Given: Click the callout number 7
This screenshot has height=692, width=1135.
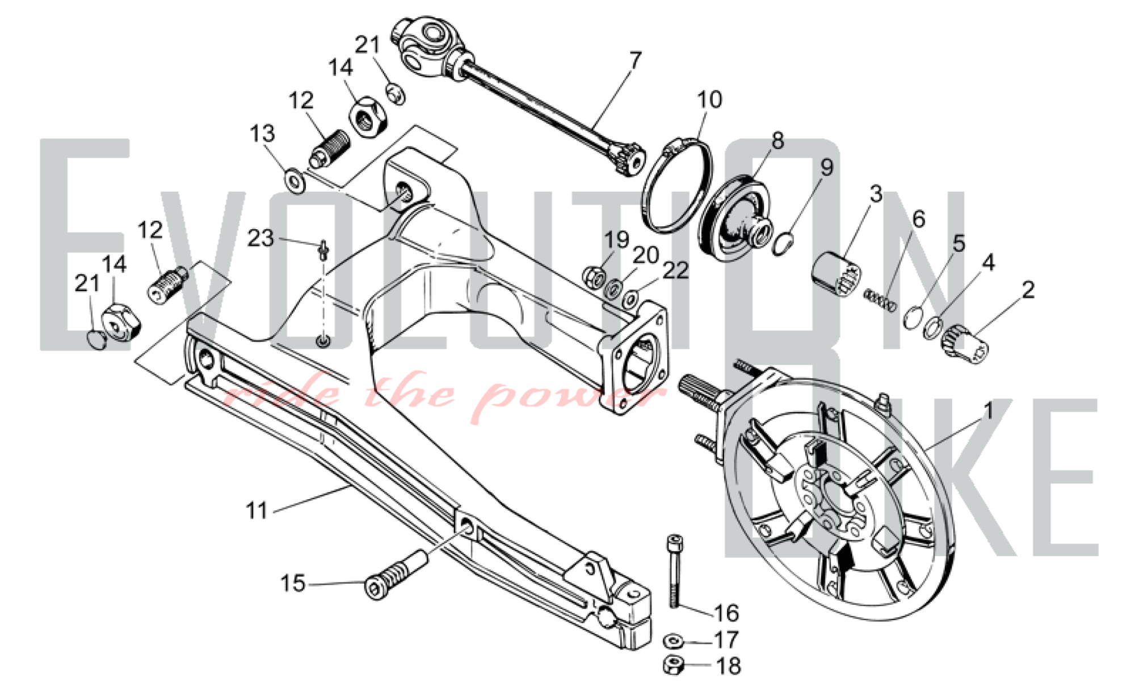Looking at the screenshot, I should click(635, 60).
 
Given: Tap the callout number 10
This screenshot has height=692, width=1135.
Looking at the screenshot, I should click(709, 99).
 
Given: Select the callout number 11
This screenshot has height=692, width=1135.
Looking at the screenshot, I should click(257, 510).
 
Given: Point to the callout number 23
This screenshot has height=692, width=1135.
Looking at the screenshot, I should click(260, 238).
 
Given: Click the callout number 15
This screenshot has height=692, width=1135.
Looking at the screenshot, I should click(293, 583).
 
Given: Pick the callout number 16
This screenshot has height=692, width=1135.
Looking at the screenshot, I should click(726, 613).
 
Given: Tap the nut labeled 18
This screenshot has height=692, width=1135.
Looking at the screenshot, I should click(672, 666).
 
